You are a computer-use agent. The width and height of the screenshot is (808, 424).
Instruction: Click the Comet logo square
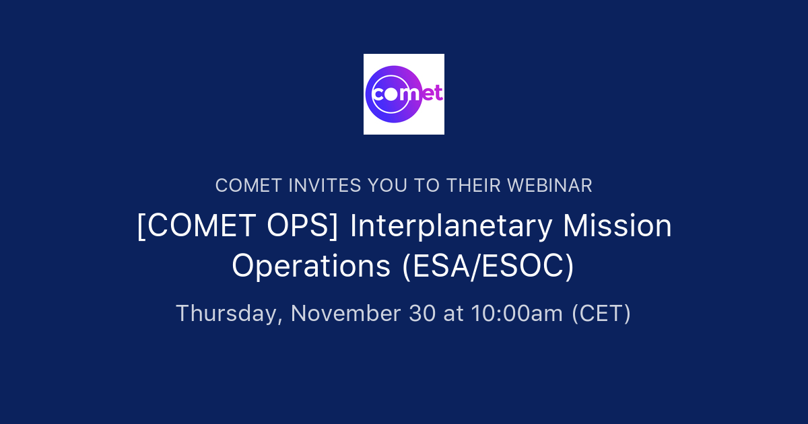(x=404, y=94)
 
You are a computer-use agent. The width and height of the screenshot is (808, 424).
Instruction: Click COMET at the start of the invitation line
(x=248, y=186)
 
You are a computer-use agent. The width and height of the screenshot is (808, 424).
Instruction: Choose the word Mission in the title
(x=617, y=226)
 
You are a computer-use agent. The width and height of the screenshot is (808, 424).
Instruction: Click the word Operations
(x=311, y=266)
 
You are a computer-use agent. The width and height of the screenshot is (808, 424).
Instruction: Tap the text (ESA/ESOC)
(x=488, y=266)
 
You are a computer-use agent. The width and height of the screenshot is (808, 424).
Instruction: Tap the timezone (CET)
(x=601, y=314)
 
